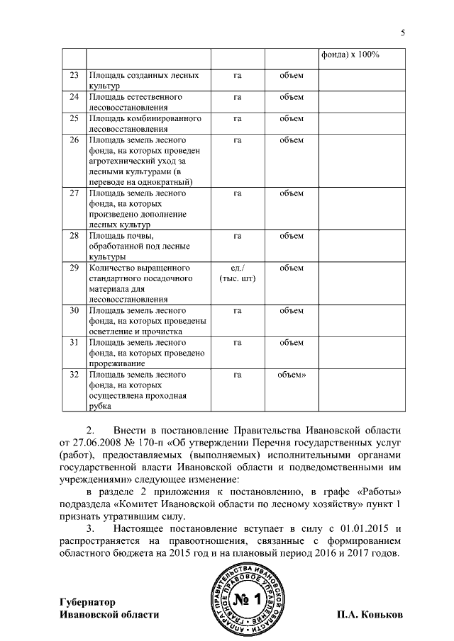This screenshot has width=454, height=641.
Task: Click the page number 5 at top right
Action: pyautogui.click(x=402, y=34)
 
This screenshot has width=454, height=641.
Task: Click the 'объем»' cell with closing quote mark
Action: pyautogui.click(x=292, y=374)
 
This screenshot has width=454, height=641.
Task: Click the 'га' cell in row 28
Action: pyautogui.click(x=238, y=235)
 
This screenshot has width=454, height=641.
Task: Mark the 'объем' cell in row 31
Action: pyautogui.click(x=292, y=343)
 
